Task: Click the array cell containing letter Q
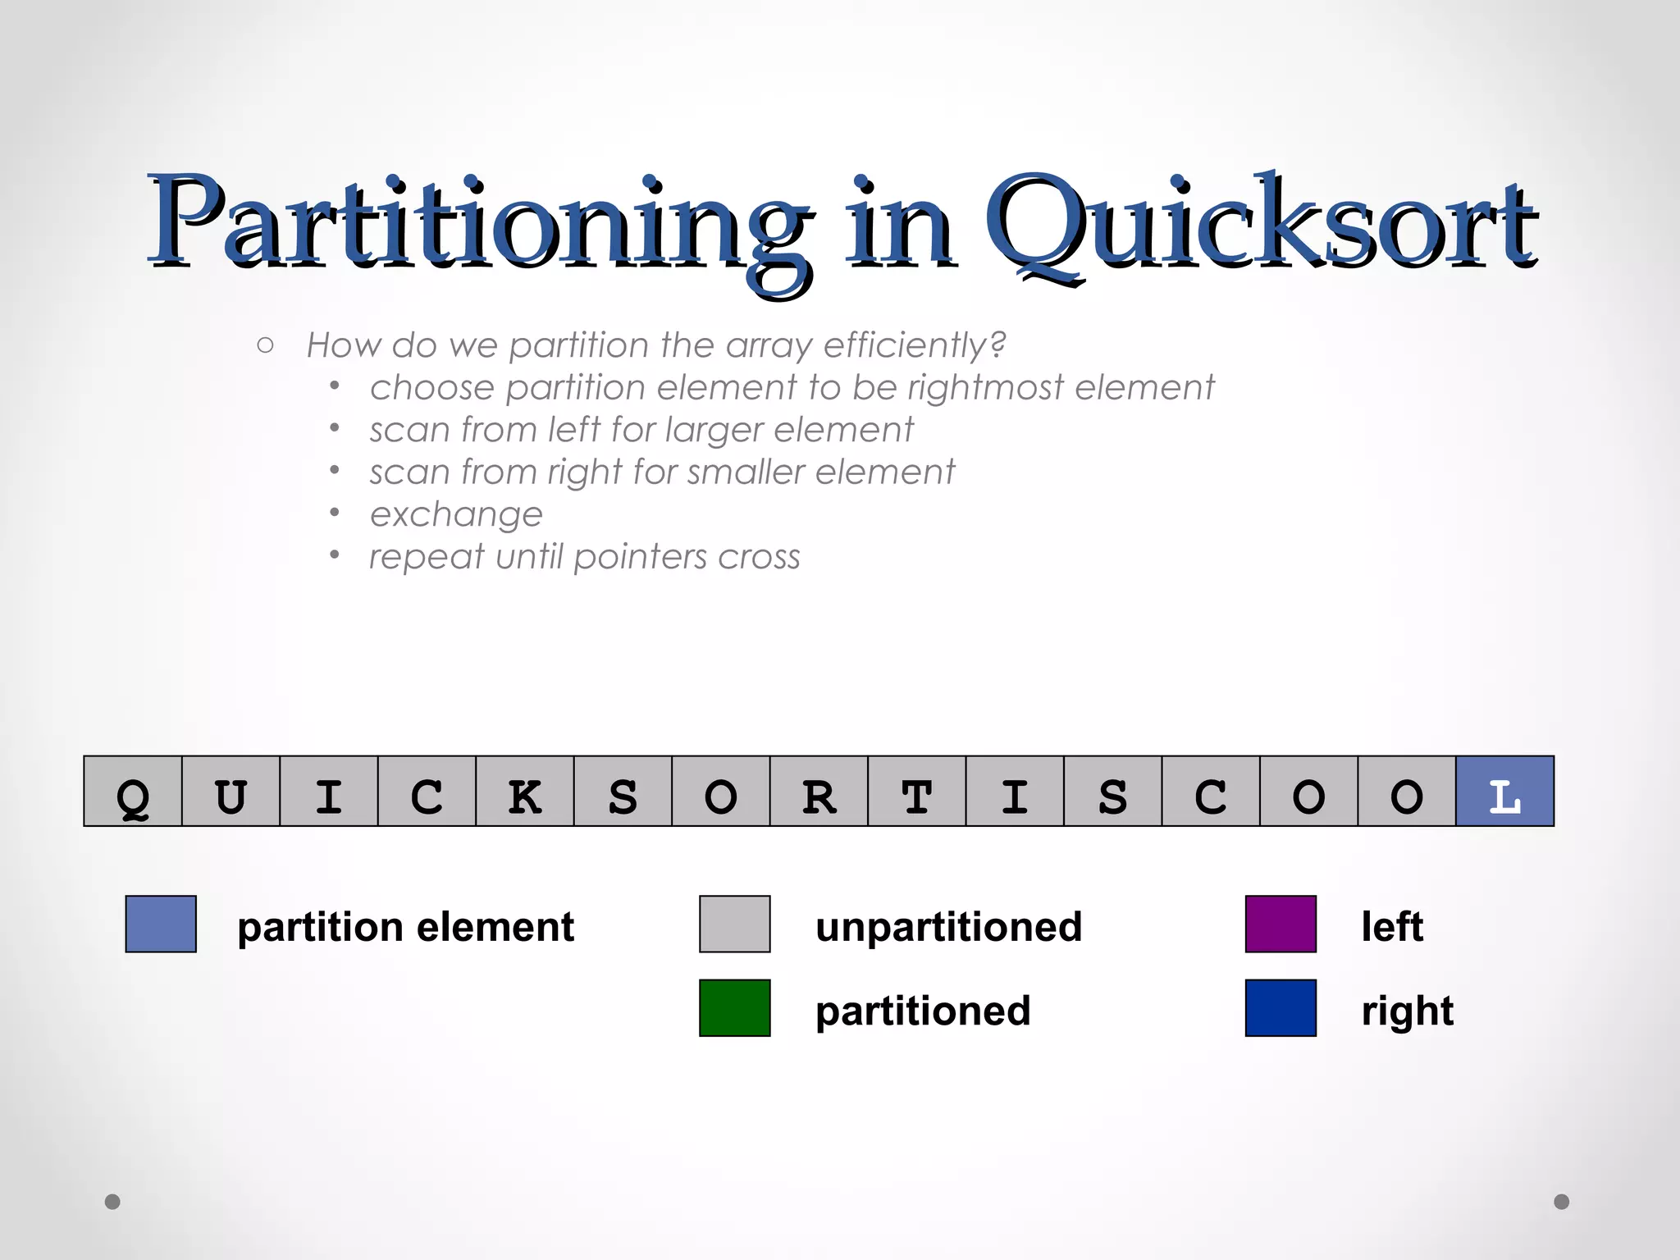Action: click(x=133, y=792)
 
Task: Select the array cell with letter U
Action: click(x=231, y=792)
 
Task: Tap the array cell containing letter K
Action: click(x=525, y=792)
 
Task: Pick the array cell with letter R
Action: click(x=819, y=792)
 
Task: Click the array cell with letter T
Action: click(x=916, y=792)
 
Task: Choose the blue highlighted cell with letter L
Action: click(x=1504, y=792)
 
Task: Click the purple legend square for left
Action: click(x=1281, y=924)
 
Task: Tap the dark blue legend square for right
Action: click(x=1281, y=1008)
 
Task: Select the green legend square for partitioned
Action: click(x=734, y=1008)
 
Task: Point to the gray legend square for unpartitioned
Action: click(x=734, y=924)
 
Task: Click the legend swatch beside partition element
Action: click(x=161, y=924)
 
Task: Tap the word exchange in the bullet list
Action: click(x=456, y=515)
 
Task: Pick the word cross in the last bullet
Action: click(x=759, y=558)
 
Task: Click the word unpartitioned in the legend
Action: click(x=948, y=927)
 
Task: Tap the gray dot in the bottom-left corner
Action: click(x=113, y=1202)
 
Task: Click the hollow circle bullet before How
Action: click(x=265, y=345)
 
